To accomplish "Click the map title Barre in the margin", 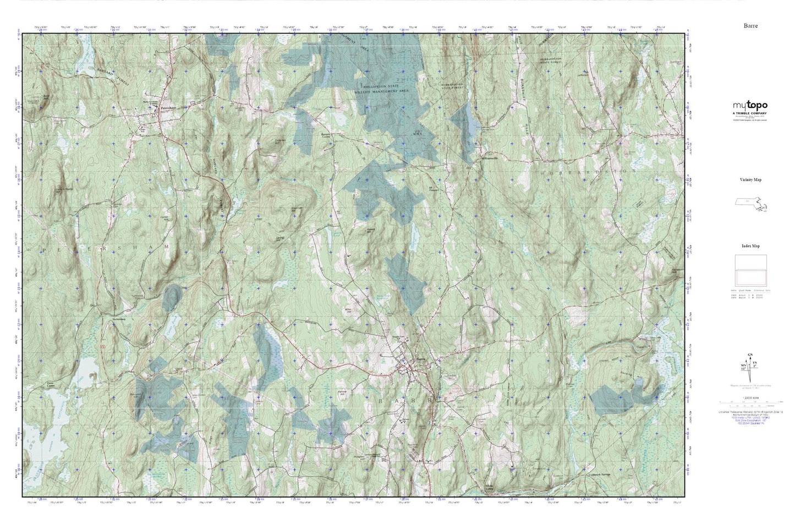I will (750, 26).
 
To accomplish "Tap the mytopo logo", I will (749, 106).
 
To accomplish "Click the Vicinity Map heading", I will (750, 180).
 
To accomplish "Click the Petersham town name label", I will (167, 108).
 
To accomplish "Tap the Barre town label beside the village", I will (421, 358).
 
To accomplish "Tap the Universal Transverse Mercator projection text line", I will (750, 412).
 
